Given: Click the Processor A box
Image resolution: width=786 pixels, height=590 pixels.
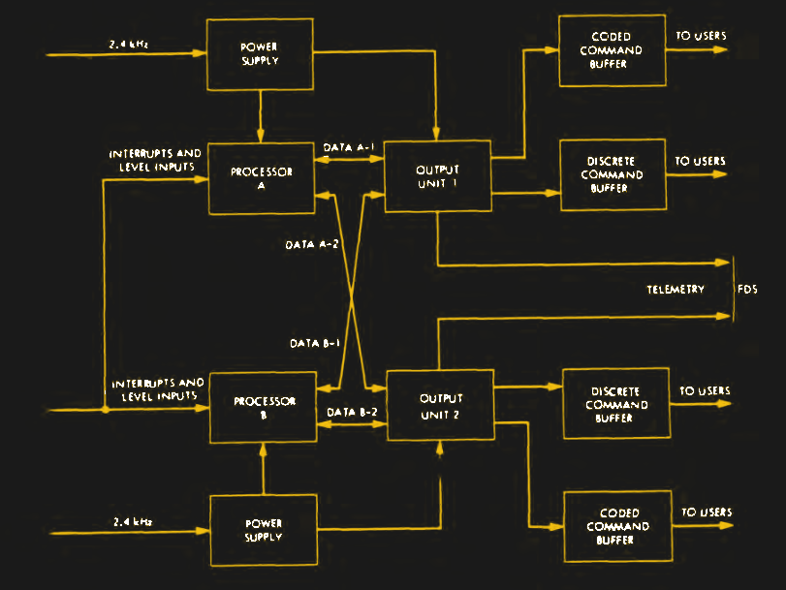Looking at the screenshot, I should [262, 177].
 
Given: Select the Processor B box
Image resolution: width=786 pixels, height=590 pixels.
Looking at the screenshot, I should [262, 407].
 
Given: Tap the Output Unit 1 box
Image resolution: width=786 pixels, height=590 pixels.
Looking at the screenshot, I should [438, 176].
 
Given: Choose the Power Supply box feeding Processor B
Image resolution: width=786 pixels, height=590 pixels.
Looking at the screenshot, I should [264, 530].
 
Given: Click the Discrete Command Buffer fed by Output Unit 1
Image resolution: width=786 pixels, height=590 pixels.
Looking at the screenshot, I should [614, 174].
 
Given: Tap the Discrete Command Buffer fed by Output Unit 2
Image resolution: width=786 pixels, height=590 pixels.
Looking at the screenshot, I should [615, 405].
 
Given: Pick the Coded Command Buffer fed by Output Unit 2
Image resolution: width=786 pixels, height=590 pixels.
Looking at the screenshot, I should [617, 526].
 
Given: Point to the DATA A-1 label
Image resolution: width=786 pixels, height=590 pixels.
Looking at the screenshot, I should [350, 147].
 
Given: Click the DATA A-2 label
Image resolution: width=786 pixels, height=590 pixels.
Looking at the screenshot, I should [311, 244].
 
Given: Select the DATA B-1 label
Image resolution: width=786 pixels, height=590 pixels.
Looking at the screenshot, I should [315, 343].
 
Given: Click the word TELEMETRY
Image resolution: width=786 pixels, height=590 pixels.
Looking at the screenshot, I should [676, 290].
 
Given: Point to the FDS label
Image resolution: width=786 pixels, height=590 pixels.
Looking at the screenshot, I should [747, 290].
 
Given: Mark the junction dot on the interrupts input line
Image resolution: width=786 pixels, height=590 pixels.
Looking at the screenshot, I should [105, 409].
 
